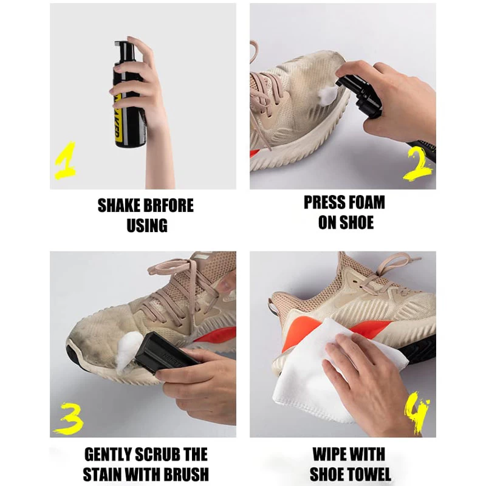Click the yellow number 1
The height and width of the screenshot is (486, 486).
coord(66,161)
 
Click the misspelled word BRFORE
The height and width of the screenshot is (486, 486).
coord(168,205)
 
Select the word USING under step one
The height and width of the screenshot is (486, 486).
coord(147,225)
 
